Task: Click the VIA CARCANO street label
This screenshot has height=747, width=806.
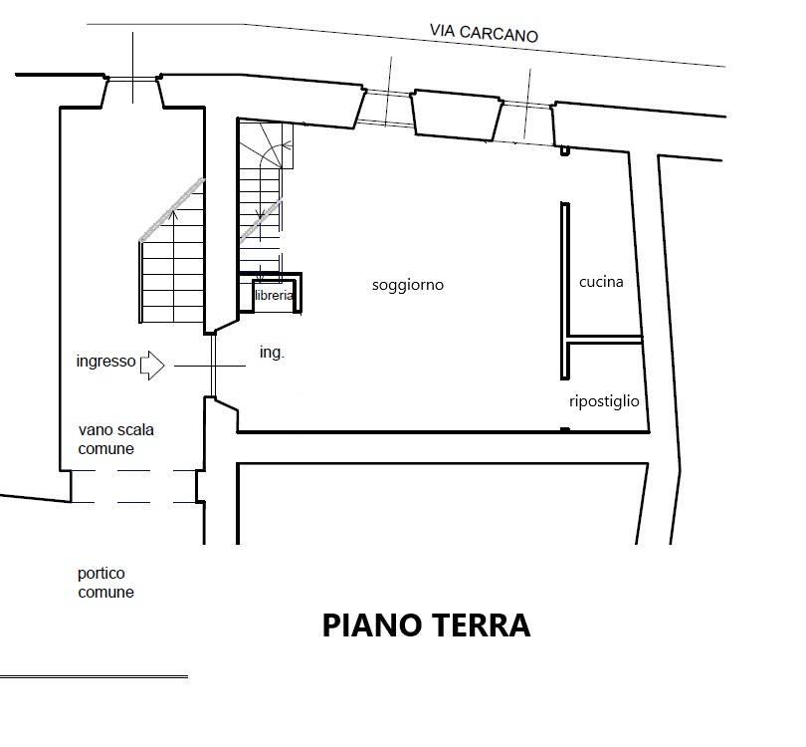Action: point(484,33)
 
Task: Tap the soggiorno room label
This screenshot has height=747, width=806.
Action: point(408,285)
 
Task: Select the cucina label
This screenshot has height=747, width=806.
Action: point(601,282)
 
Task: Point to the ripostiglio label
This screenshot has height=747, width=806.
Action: point(604,401)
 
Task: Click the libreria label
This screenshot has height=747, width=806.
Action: point(274,295)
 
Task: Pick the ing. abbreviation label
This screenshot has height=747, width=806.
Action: point(272,353)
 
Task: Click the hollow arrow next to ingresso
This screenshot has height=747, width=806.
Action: point(152,366)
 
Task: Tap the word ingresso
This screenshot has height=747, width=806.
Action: point(105,362)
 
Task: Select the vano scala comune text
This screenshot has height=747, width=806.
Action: point(115,439)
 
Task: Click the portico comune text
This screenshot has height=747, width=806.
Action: point(105,583)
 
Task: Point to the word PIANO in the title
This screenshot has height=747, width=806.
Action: point(371,625)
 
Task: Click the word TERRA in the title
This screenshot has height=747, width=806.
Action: point(481,625)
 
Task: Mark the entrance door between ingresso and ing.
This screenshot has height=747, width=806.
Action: point(212,365)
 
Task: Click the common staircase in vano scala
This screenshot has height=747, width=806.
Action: point(172,257)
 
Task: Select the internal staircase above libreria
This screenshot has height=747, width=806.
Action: point(261,200)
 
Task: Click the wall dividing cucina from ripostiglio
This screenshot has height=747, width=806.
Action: point(605,339)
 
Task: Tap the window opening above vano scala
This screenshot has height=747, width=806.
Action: point(132,79)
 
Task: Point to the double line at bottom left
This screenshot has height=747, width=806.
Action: point(95,676)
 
